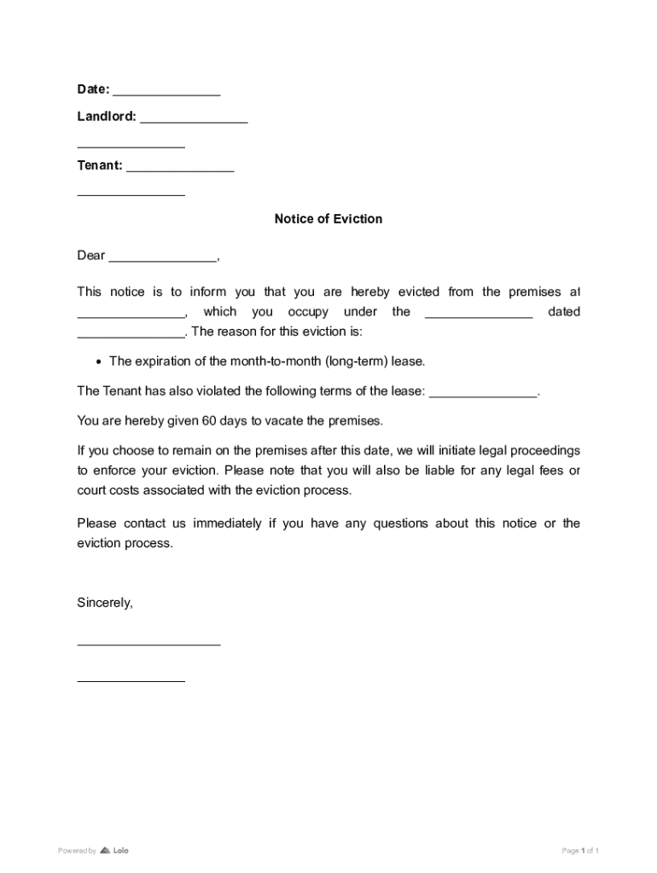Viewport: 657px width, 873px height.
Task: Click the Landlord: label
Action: coord(106,117)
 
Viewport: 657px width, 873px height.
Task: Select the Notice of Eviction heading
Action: coord(328,219)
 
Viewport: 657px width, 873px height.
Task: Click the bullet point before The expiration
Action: coord(99,361)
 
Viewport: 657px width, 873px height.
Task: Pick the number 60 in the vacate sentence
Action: coord(209,420)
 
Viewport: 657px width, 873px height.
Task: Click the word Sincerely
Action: coord(105,603)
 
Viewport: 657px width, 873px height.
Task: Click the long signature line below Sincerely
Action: coord(148,645)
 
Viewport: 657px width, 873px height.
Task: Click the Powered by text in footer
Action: coord(76,851)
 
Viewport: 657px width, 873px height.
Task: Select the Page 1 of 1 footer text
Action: coord(580,851)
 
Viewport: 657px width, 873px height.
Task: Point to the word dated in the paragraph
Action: coord(563,312)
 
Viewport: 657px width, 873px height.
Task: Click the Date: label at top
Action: coord(93,90)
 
